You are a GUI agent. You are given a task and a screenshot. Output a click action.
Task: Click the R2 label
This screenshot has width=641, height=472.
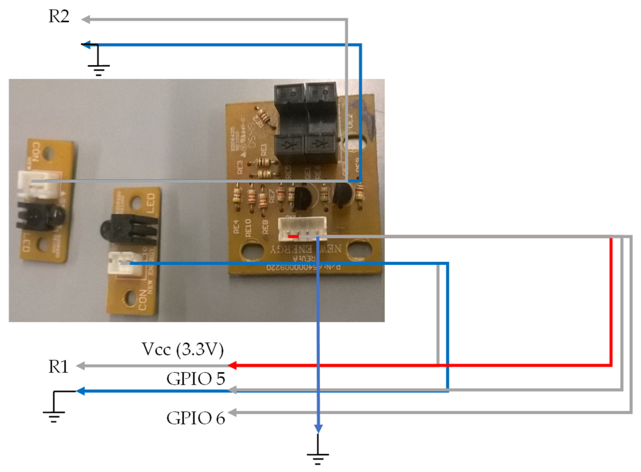pos(59,16)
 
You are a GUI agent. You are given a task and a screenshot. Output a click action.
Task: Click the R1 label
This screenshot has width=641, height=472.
pos(58,367)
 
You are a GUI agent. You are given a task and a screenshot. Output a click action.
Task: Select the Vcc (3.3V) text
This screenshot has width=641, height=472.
pos(182,349)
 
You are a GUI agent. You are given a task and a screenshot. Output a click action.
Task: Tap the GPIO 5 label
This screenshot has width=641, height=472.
pos(196,379)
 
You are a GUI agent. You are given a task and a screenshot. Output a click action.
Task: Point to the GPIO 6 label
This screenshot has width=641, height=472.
pos(196,419)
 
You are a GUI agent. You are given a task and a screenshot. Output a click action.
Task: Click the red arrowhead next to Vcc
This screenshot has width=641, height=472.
pos(232,365)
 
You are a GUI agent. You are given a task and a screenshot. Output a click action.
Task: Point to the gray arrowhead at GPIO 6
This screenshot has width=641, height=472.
pos(232,412)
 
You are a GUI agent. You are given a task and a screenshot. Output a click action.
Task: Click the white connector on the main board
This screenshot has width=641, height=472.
pos(302,229)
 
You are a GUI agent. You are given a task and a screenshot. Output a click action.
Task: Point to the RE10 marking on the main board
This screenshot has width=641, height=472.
pos(248,228)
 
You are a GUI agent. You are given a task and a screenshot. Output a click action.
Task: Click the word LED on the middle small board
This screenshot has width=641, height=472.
pos(151,203)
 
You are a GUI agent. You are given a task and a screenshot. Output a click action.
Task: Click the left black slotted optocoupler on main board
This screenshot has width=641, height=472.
pos(289,123)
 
